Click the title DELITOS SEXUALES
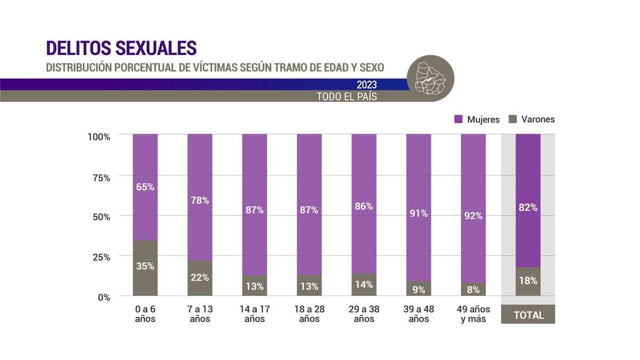[x=122, y=47]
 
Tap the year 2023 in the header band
[x=367, y=85]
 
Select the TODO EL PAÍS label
[x=347, y=97]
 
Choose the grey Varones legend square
[x=513, y=119]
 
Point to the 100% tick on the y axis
[x=99, y=137]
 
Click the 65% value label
[x=145, y=187]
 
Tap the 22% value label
[x=199, y=277]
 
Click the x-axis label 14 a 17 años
[x=254, y=314]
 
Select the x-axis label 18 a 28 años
[x=309, y=314]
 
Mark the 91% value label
[x=419, y=213]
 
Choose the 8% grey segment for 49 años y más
[x=473, y=290]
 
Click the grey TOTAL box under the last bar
[x=528, y=315]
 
